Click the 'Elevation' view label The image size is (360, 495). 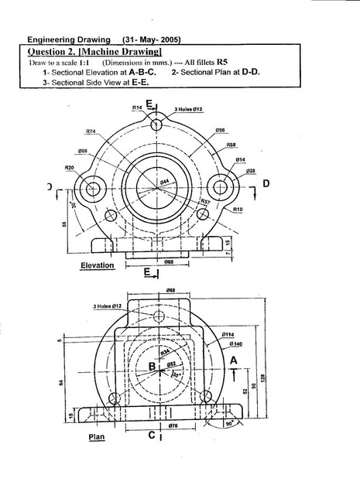[x=98, y=265]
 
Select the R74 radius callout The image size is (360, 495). [x=91, y=132]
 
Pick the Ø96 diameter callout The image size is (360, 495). [x=220, y=130]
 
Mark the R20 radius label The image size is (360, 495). [x=69, y=167]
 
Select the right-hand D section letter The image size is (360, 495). [x=266, y=183]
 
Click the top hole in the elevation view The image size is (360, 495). [x=157, y=125]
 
